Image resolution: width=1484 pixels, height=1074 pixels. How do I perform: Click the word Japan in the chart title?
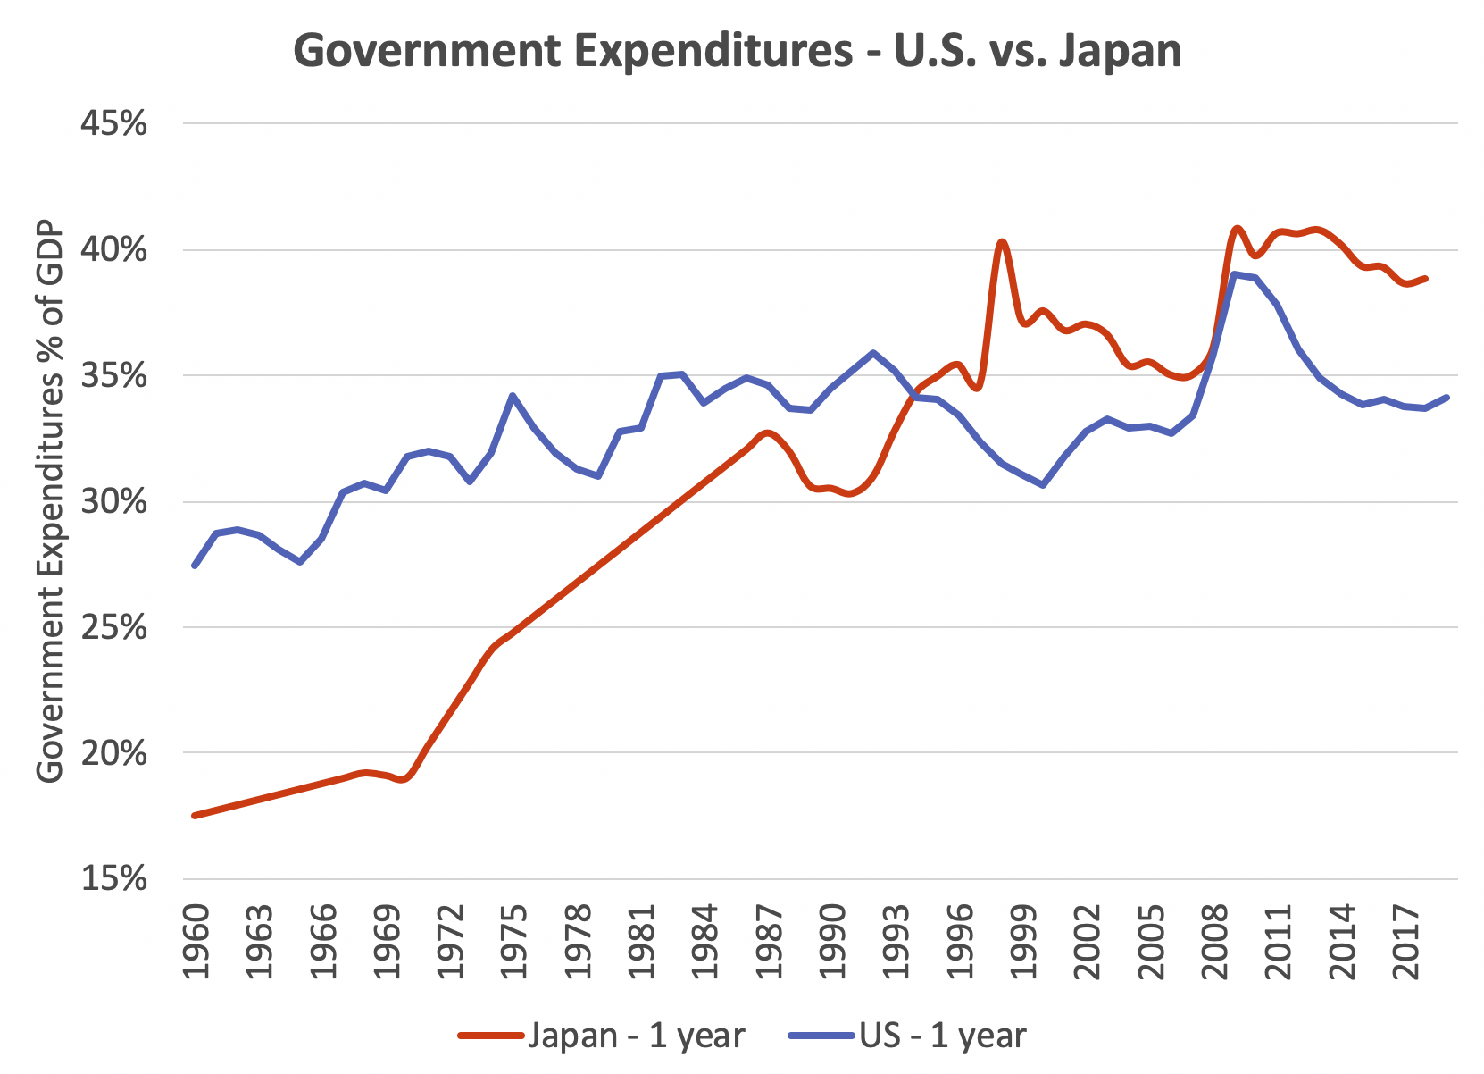click(1120, 51)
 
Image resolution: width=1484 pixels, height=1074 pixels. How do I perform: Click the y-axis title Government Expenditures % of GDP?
click(50, 501)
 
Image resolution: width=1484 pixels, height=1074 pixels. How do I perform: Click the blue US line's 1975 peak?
click(513, 395)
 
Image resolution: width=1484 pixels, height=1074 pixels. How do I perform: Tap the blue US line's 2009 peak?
click(1235, 273)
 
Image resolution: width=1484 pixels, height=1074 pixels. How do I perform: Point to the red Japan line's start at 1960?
click(195, 815)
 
